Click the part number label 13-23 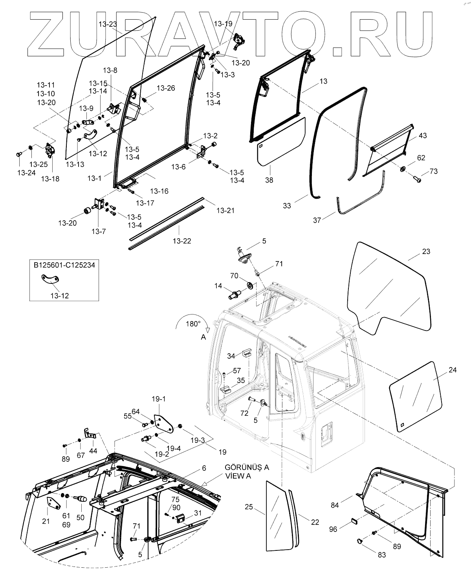point(107,24)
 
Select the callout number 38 point(269,180)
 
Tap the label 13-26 point(166,88)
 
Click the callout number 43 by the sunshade point(423,135)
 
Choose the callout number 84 point(334,505)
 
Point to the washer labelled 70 point(249,284)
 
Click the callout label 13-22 point(182,241)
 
